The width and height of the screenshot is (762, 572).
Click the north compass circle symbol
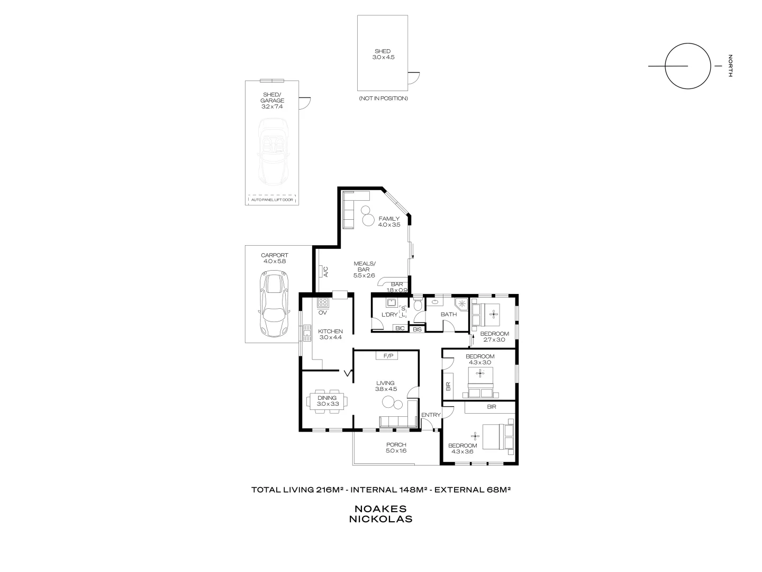(x=687, y=66)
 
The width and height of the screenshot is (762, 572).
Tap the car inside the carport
(x=273, y=304)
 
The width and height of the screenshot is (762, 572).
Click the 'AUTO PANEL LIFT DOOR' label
(x=272, y=200)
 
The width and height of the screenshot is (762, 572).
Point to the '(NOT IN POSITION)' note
(x=383, y=99)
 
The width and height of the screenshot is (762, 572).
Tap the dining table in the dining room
(x=328, y=401)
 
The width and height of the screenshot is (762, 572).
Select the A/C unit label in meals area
(x=326, y=272)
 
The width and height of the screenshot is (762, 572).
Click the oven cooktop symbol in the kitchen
(x=323, y=303)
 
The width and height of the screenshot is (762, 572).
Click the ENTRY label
(x=431, y=415)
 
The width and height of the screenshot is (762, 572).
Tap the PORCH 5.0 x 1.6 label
(x=396, y=448)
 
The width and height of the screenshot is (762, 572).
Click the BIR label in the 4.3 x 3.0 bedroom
(x=448, y=386)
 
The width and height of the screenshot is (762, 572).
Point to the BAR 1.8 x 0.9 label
(x=397, y=287)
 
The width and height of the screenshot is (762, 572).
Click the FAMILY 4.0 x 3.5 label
(x=389, y=221)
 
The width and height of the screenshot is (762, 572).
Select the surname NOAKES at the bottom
(x=380, y=508)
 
